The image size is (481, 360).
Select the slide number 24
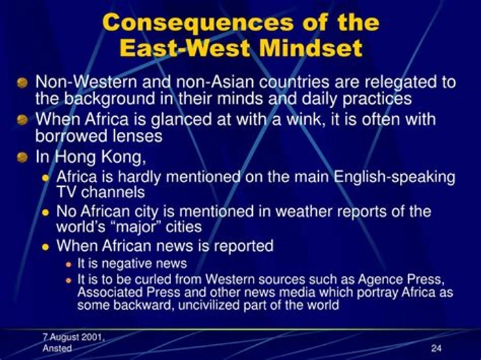coord(436,348)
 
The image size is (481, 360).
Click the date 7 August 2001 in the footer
coord(74,337)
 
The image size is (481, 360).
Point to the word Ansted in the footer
coord(57,348)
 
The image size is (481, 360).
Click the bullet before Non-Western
coord(22,83)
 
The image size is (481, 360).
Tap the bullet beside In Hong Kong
coord(22,157)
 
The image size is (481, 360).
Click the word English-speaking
coord(394,177)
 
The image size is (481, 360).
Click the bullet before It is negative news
coord(69,265)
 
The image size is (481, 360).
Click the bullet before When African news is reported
coord(46,247)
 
